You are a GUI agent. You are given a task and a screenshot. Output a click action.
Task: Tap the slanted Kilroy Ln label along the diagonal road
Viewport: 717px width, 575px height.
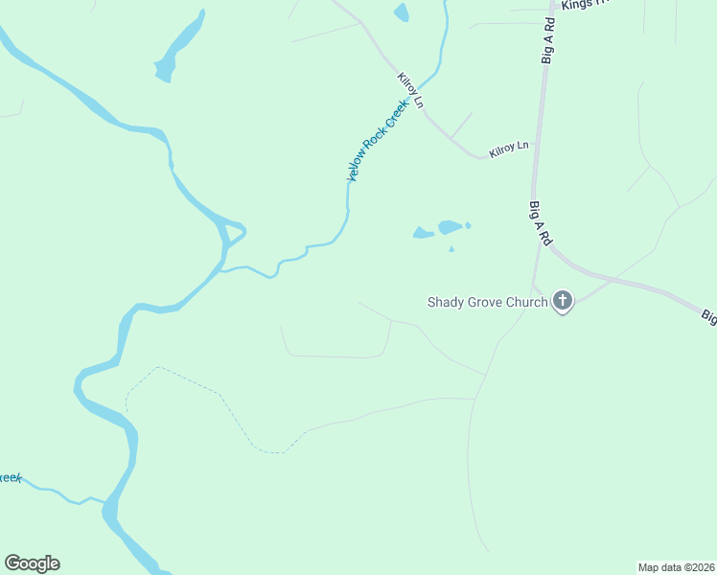(x=410, y=89)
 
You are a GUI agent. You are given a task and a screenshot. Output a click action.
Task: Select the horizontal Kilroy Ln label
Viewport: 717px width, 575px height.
(x=509, y=149)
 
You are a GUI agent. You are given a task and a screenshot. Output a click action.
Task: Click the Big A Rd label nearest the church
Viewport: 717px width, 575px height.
(x=539, y=221)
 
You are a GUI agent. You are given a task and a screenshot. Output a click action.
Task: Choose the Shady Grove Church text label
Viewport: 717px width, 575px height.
(x=486, y=303)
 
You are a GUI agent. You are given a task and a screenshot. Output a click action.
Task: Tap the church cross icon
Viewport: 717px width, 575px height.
(x=563, y=303)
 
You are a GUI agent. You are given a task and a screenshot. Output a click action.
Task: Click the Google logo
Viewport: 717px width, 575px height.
(x=33, y=563)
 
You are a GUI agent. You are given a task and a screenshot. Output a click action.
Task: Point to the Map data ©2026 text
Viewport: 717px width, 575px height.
(x=675, y=566)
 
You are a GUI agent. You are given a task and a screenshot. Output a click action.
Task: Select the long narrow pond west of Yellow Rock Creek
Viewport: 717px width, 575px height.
(x=180, y=48)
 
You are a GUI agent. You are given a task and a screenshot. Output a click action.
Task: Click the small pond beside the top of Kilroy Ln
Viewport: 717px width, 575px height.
(x=401, y=11)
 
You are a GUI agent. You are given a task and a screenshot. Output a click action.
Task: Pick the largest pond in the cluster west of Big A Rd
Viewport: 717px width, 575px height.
(x=449, y=227)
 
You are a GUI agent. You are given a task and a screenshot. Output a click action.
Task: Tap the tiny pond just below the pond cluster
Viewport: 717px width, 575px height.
(x=451, y=249)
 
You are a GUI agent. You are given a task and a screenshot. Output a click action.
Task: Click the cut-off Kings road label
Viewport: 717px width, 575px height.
(x=586, y=5)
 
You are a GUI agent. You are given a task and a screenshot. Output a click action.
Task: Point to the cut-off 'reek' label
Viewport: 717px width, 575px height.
(x=10, y=477)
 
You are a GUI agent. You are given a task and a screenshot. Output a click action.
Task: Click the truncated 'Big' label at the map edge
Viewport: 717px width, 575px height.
(x=708, y=315)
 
